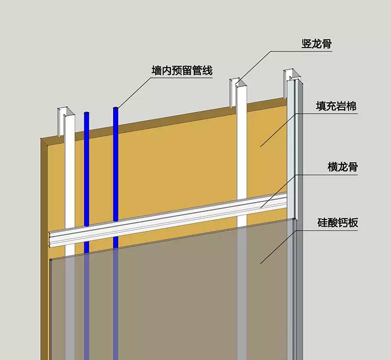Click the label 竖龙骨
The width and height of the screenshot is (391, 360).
(x=316, y=44)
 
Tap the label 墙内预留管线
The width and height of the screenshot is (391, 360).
(x=182, y=71)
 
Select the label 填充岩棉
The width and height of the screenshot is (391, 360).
(x=336, y=106)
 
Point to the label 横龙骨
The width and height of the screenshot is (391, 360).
(x=343, y=167)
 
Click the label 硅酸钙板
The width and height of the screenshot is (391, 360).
(x=338, y=222)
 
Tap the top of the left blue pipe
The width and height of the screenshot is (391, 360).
(x=86, y=113)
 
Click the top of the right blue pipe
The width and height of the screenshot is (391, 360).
(x=115, y=108)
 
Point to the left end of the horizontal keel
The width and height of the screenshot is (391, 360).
(x=50, y=239)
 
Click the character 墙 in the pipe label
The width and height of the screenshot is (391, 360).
(x=156, y=71)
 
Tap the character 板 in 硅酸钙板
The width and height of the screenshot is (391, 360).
(x=353, y=222)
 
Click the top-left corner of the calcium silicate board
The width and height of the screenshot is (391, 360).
(x=50, y=260)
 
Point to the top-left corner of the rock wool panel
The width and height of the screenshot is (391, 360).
(x=41, y=138)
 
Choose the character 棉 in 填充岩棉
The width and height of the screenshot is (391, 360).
(x=352, y=106)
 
